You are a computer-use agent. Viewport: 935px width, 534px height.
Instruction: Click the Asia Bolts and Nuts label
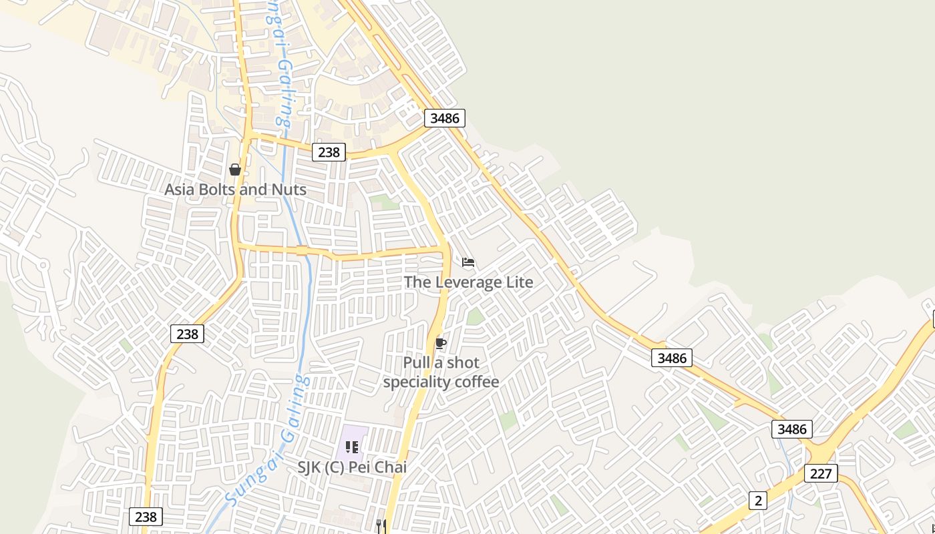[x=235, y=190]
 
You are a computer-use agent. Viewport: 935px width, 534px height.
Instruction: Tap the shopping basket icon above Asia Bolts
[x=235, y=170]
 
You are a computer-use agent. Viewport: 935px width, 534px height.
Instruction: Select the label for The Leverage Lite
[x=468, y=282]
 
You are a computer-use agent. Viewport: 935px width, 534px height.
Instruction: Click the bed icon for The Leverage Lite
[x=468, y=262]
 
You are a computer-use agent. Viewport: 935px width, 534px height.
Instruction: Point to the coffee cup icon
[x=440, y=344]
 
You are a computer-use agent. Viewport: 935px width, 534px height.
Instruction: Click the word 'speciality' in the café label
[x=417, y=382]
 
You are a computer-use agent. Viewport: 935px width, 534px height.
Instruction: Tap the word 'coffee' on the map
[x=477, y=382]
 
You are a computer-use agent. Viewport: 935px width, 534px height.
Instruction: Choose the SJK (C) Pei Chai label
[x=352, y=467]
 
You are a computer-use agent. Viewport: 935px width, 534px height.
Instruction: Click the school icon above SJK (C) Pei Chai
[x=352, y=447]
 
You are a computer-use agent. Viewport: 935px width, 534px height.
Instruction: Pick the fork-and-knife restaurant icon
[x=381, y=526]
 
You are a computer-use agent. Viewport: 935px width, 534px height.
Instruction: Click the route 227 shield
[x=821, y=473]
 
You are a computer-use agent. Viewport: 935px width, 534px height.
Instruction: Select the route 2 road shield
[x=757, y=501]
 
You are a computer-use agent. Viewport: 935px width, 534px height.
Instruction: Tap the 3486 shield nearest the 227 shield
[x=792, y=429]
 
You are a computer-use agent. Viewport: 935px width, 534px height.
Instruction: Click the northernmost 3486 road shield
[x=445, y=118]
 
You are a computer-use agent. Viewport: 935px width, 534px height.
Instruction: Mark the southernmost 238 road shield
[x=146, y=517]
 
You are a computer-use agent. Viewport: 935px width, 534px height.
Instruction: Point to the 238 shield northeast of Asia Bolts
[x=329, y=152]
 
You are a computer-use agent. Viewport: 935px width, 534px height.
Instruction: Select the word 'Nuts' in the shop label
[x=289, y=190]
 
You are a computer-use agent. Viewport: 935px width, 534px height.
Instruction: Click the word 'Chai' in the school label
[x=391, y=467]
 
